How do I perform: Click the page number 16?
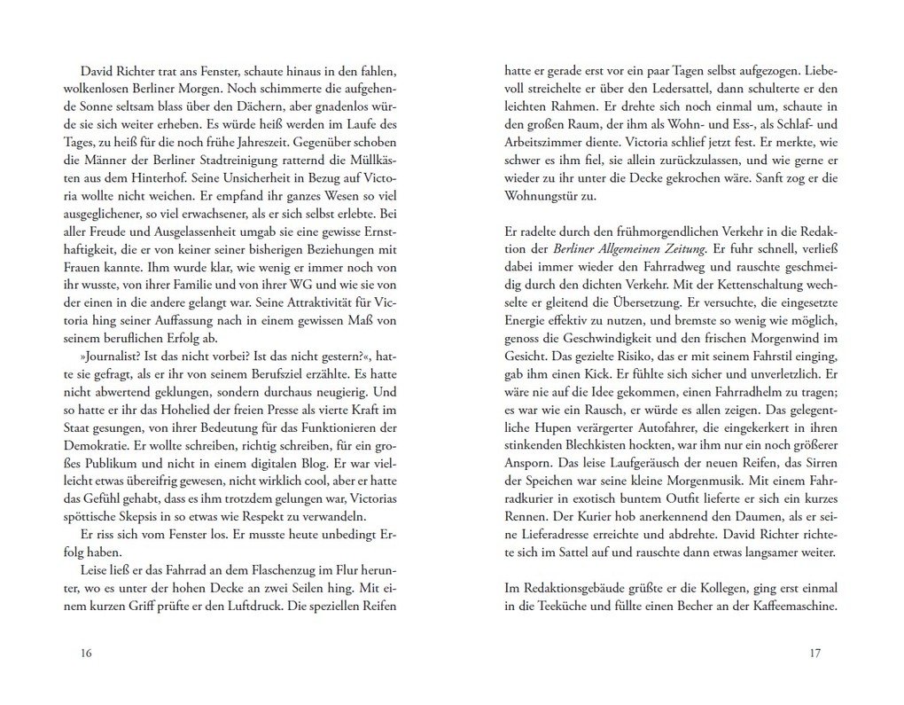pos(85,654)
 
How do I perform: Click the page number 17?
pos(816,654)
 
